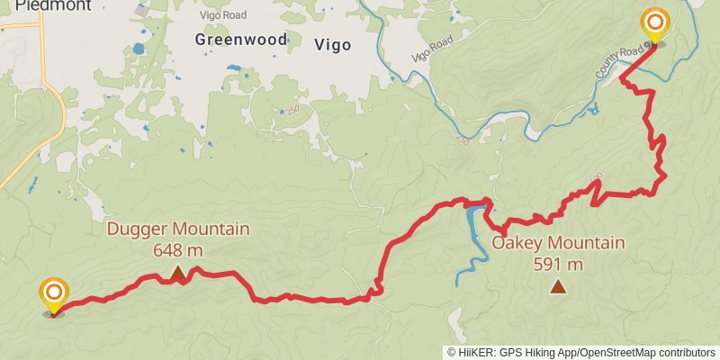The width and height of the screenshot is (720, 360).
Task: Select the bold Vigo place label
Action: pos(333,43)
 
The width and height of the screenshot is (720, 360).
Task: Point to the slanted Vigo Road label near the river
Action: pos(431,51)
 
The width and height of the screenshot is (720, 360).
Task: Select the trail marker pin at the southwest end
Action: pos(54,293)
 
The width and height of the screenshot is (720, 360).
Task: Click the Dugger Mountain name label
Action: pos(178,229)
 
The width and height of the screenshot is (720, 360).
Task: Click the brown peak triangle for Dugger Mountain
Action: pos(178,271)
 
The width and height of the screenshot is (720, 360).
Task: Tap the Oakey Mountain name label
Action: pos(558,244)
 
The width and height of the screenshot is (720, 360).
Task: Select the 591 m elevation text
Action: pos(558,265)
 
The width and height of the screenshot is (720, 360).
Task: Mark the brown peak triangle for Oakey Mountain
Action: pos(558,287)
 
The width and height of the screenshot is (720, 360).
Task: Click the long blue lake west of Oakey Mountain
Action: pos(471,243)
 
